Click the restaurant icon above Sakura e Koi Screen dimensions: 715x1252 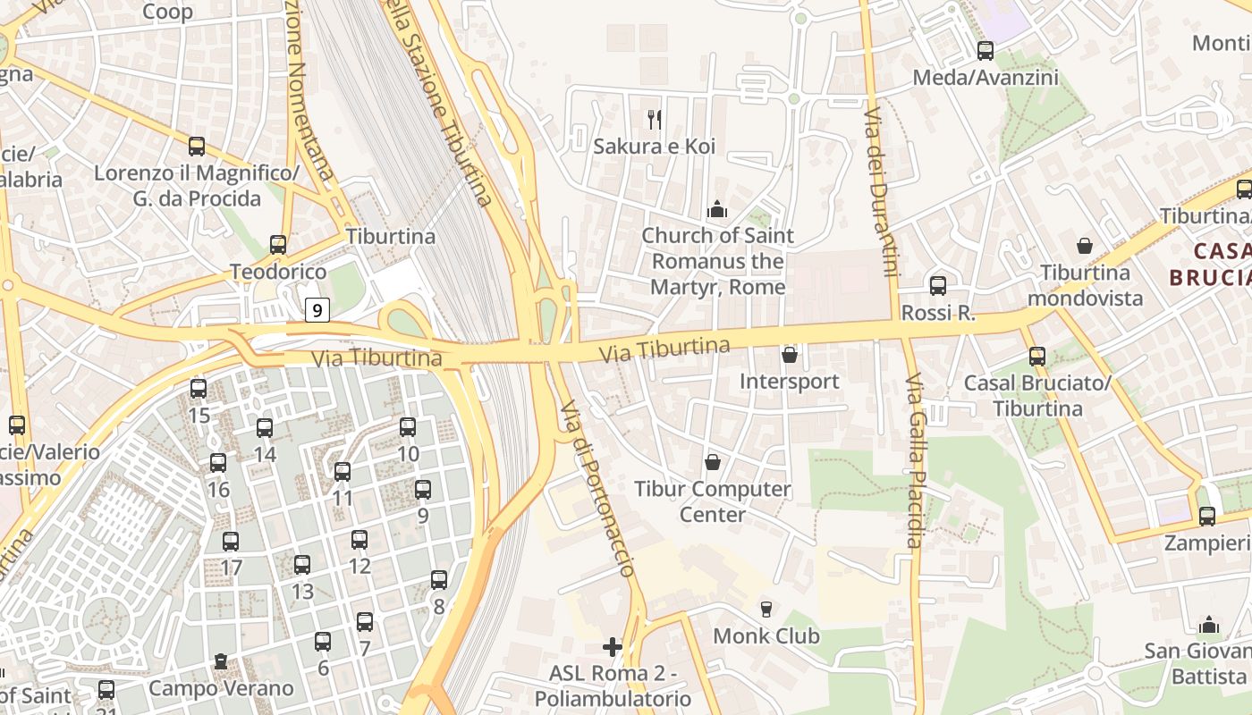[655, 119]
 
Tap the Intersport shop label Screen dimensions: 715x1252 [789, 382]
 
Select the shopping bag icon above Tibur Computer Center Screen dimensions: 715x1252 [713, 462]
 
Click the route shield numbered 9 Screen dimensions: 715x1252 [317, 310]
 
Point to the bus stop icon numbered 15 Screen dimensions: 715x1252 [199, 389]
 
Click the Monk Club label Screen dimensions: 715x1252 [766, 636]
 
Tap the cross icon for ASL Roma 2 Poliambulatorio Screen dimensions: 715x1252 [613, 646]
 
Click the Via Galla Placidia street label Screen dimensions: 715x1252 [914, 460]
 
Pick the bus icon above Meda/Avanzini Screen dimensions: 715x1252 [986, 51]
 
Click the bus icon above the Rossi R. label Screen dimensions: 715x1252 [937, 286]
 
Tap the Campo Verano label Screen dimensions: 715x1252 [221, 688]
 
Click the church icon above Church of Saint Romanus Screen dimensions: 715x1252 [717, 210]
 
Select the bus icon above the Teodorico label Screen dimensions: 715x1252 [278, 244]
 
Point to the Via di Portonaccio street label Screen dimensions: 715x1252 [597, 488]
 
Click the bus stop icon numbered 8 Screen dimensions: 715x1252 [439, 580]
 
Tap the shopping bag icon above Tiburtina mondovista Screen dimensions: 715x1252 [1085, 246]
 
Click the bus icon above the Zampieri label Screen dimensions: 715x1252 [1207, 516]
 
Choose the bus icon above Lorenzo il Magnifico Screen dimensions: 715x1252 [197, 146]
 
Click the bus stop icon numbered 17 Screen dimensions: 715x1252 [231, 542]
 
